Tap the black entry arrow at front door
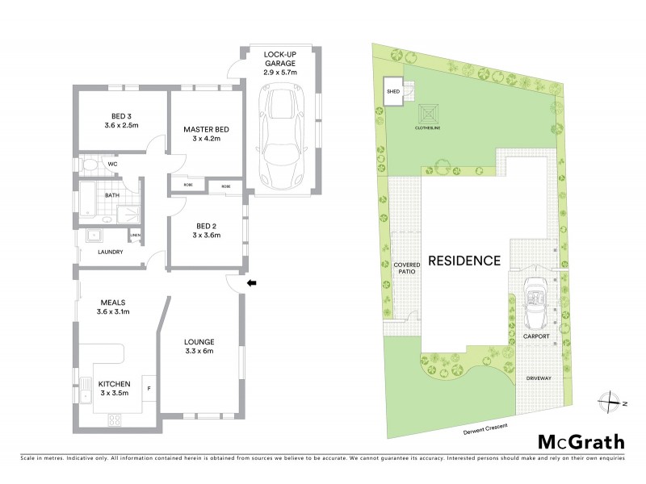pyautogui.click(x=250, y=283)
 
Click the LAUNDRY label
pyautogui.click(x=109, y=252)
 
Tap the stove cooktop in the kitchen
pyautogui.click(x=115, y=420)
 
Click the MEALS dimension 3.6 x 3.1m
pyautogui.click(x=113, y=311)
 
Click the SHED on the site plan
pyautogui.click(x=393, y=92)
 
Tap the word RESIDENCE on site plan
pyautogui.click(x=464, y=261)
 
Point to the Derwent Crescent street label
pyautogui.click(x=484, y=427)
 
